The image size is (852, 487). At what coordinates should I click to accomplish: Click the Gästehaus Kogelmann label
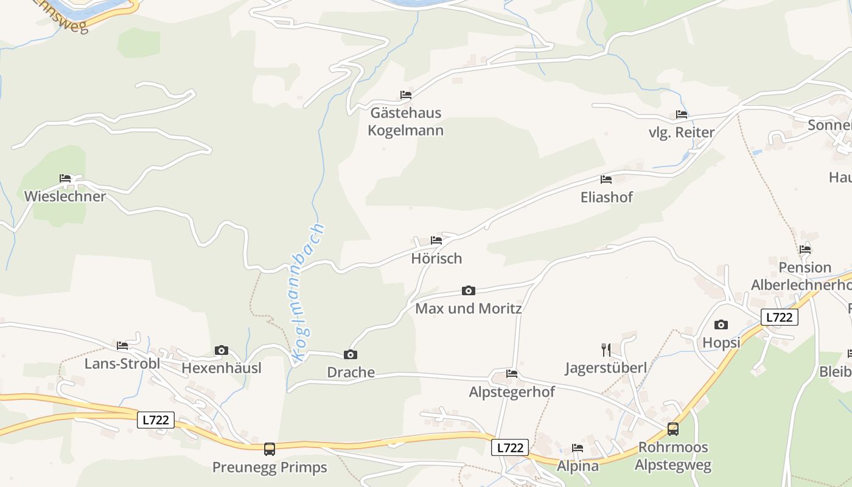[x=405, y=122]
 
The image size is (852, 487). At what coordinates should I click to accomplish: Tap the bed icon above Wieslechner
[x=65, y=178]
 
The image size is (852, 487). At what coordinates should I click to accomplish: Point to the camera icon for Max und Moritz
[x=468, y=290]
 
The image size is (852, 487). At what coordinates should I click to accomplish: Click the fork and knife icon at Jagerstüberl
[x=606, y=349]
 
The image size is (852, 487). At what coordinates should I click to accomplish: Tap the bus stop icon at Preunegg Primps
[x=269, y=449]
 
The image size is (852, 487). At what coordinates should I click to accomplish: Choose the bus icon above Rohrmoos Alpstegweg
[x=672, y=429]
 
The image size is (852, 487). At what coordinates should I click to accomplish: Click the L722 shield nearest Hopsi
[x=779, y=317]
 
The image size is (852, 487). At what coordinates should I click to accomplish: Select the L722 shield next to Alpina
[x=509, y=447]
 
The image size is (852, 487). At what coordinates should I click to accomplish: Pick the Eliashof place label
[x=606, y=197]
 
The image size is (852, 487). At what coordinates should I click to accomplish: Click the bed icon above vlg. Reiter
[x=681, y=114]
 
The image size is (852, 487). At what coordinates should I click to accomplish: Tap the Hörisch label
[x=436, y=258]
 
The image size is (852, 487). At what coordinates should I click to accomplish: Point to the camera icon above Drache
[x=351, y=354]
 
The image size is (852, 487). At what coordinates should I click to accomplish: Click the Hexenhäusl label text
[x=222, y=368]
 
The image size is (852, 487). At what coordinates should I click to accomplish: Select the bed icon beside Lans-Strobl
[x=122, y=346]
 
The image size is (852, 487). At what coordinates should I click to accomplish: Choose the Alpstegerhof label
[x=512, y=392]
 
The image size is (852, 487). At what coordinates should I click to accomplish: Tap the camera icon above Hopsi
[x=721, y=324]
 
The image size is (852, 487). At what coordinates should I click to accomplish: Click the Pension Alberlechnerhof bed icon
[x=805, y=249]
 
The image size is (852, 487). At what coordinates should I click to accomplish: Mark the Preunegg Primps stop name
[x=269, y=468]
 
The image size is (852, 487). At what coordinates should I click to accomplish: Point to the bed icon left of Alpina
[x=578, y=448]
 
